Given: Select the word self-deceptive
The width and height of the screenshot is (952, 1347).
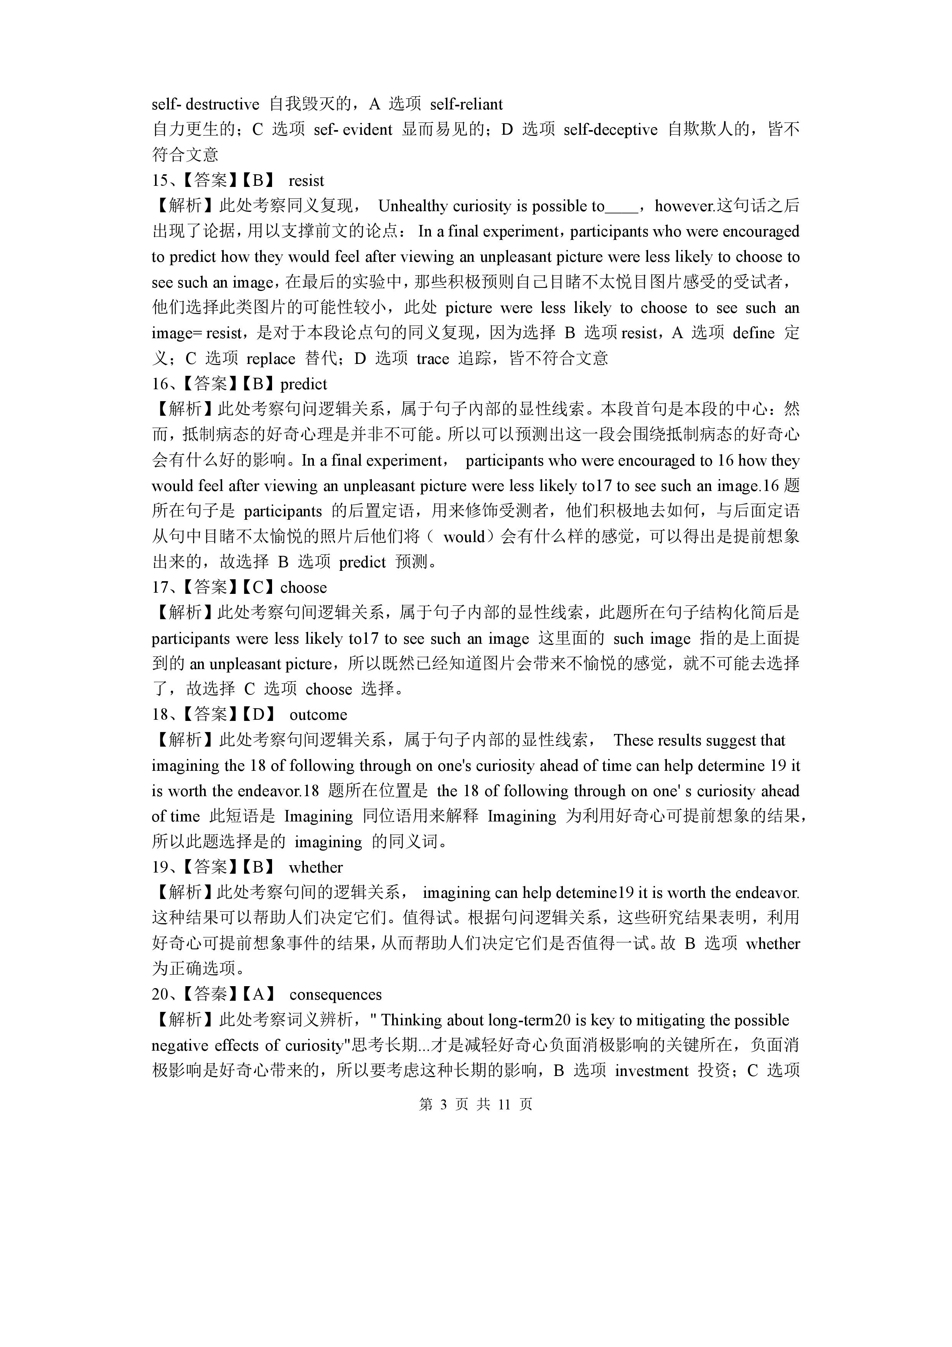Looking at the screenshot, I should [610, 130].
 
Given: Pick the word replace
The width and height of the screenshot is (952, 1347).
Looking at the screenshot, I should [271, 359].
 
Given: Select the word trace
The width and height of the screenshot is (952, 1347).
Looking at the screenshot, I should [432, 359].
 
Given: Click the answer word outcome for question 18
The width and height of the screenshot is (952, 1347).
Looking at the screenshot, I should [318, 714].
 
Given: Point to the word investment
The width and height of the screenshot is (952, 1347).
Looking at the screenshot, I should [651, 1071].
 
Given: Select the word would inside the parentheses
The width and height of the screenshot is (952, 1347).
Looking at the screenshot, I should [464, 537].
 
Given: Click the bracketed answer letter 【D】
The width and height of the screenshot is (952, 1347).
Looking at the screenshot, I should [258, 714].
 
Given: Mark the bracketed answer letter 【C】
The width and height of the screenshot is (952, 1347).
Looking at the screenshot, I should [258, 587].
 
